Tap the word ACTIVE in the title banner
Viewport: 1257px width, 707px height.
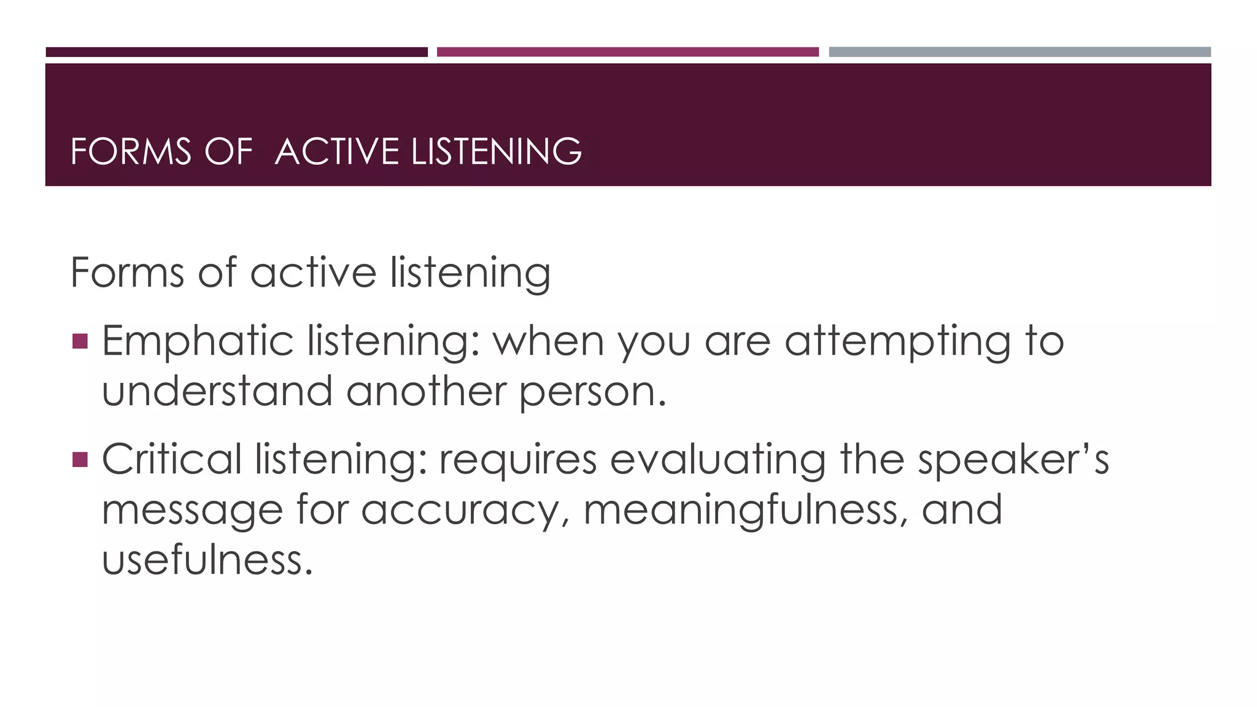tap(337, 152)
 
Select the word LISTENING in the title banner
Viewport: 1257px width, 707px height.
tap(496, 152)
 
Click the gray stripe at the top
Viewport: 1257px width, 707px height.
tap(1019, 52)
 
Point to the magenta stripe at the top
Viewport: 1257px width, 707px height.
tap(627, 52)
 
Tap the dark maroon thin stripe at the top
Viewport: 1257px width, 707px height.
tap(236, 52)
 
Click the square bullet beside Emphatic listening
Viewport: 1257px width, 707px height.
tap(80, 341)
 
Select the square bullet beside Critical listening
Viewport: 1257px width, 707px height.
tap(80, 459)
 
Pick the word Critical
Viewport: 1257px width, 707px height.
tap(172, 460)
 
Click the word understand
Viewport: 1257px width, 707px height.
tap(217, 391)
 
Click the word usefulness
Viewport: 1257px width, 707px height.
tap(207, 560)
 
